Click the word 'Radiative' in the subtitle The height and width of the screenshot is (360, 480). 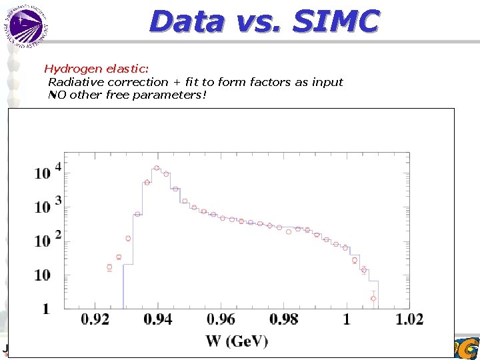[x=75, y=82]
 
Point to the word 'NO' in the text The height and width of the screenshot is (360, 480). [x=57, y=95]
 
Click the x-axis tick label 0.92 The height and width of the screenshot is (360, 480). [x=95, y=320]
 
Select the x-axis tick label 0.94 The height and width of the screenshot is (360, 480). [x=157, y=320]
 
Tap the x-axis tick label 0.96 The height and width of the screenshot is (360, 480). [x=221, y=320]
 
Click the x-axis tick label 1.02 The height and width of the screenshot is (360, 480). [x=409, y=320]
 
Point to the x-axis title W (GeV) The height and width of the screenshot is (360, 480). [x=237, y=341]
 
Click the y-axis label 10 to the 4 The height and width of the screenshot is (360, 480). [x=47, y=171]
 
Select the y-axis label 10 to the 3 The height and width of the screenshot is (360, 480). [x=47, y=205]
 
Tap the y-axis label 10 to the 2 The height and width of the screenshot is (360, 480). [x=47, y=239]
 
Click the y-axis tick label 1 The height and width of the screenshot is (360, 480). [x=45, y=309]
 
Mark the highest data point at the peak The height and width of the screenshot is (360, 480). [x=157, y=168]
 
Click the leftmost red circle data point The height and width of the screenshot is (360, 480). [x=109, y=267]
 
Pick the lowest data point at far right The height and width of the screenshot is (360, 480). [x=373, y=298]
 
